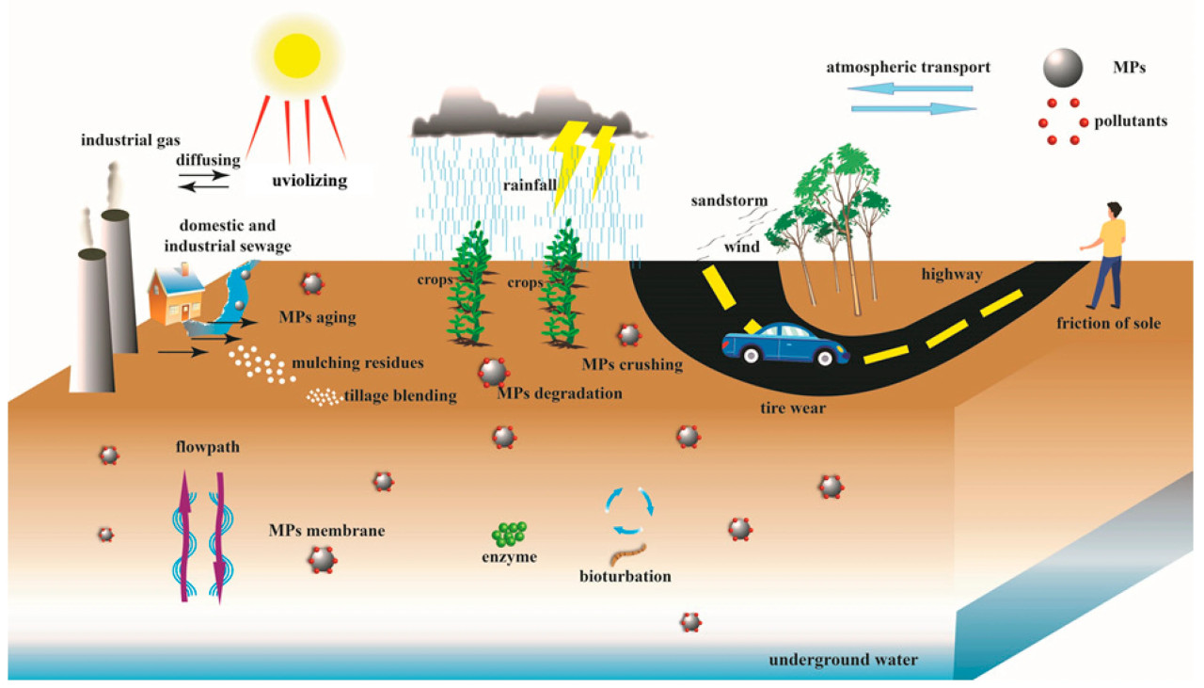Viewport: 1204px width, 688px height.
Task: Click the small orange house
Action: (x=178, y=293)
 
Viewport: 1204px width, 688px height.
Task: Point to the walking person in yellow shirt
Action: (x=1106, y=255)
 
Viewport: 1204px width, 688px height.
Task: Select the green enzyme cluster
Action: (x=509, y=534)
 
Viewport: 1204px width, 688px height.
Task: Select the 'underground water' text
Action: (x=843, y=659)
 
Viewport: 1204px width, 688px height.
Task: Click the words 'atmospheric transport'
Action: (x=908, y=68)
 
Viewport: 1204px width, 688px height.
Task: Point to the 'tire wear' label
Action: (x=793, y=408)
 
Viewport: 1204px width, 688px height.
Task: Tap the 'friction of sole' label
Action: (x=1108, y=324)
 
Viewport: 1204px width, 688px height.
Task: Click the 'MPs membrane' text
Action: (x=326, y=531)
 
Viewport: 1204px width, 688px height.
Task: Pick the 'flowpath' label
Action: (x=207, y=447)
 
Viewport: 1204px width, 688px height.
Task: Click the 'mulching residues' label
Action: (x=358, y=362)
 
